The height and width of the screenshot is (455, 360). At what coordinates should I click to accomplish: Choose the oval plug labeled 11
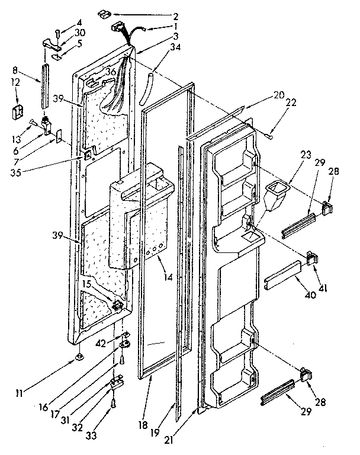pyautogui.click(x=79, y=357)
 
